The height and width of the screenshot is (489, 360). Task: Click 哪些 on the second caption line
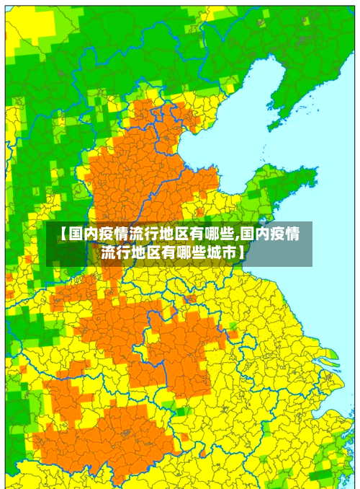point(191,253)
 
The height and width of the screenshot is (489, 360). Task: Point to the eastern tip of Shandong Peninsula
point(316,173)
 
